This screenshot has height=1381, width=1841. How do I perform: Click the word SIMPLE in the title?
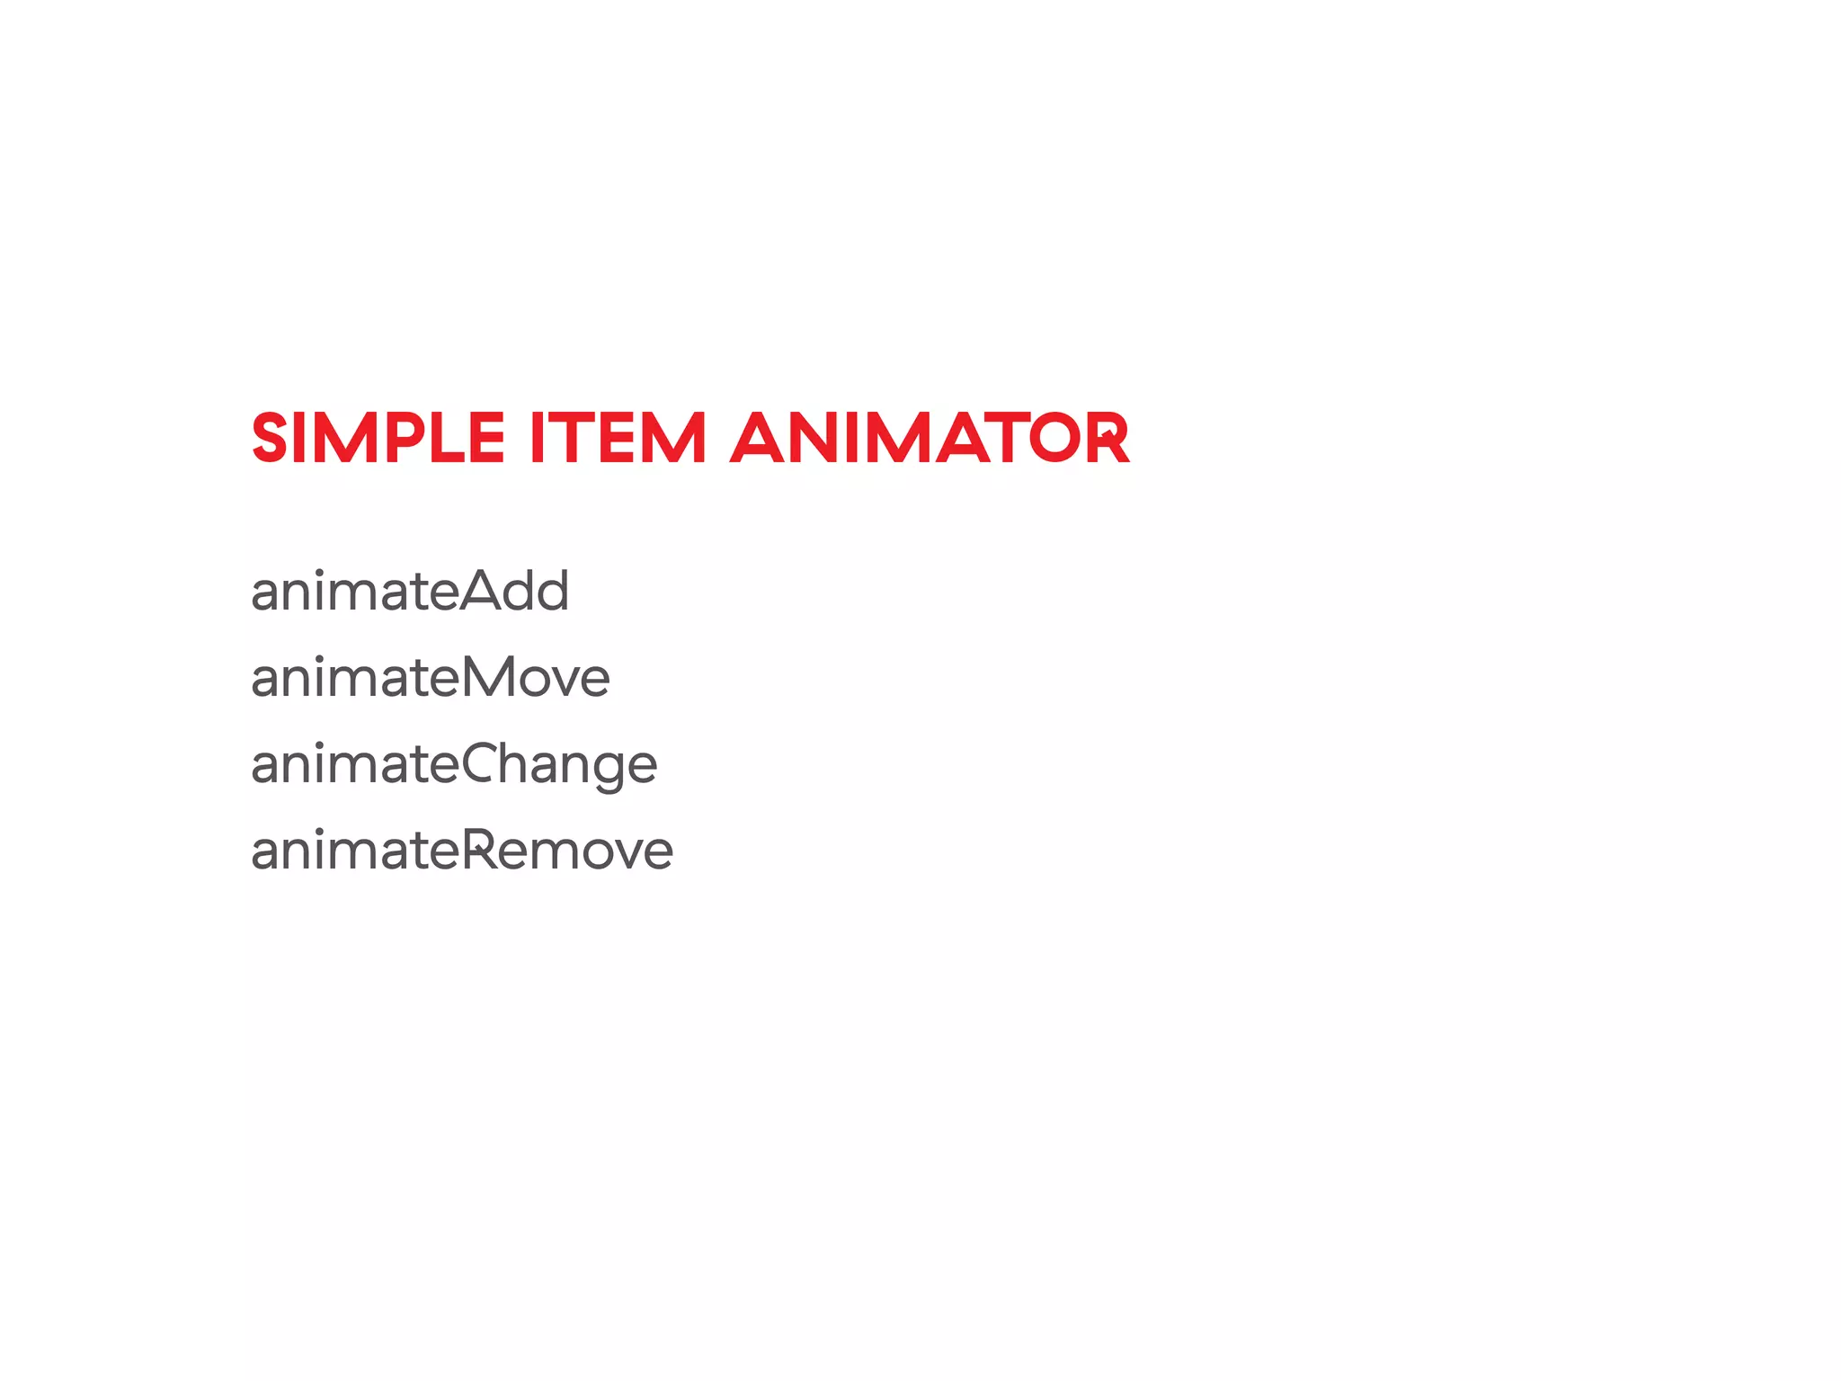(378, 439)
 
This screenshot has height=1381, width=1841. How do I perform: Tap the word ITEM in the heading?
(618, 439)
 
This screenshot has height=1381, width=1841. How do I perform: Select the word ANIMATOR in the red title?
(929, 439)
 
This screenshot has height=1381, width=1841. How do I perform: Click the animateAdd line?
(410, 592)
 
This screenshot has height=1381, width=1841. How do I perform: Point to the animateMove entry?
(431, 678)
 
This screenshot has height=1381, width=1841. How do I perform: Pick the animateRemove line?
(462, 851)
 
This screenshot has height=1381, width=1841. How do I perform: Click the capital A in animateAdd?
(485, 592)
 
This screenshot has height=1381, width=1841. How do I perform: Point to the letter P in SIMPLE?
(405, 439)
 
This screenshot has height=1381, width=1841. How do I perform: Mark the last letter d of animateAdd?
(550, 592)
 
